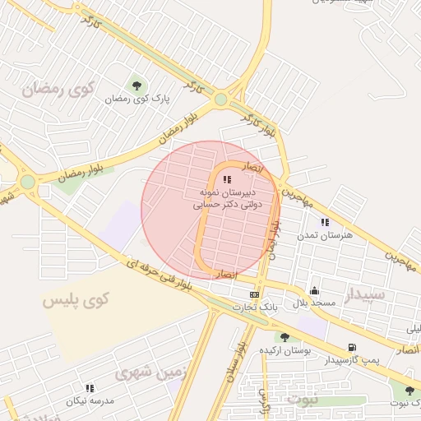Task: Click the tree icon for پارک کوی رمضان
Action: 136,84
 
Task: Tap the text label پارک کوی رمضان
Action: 137,99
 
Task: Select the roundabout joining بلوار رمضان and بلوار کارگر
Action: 220,99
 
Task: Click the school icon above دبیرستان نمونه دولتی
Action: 228,179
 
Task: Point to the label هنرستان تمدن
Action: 325,235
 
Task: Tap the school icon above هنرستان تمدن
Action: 325,222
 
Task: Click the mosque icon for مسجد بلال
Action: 314,290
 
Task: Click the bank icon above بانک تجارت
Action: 255,294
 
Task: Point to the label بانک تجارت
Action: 255,307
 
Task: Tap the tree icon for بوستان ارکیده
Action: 285,337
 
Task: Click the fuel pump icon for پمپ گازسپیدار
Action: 353,347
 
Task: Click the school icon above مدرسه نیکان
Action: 90,387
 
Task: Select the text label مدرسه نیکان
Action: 87,400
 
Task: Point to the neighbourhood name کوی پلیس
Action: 76,300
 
